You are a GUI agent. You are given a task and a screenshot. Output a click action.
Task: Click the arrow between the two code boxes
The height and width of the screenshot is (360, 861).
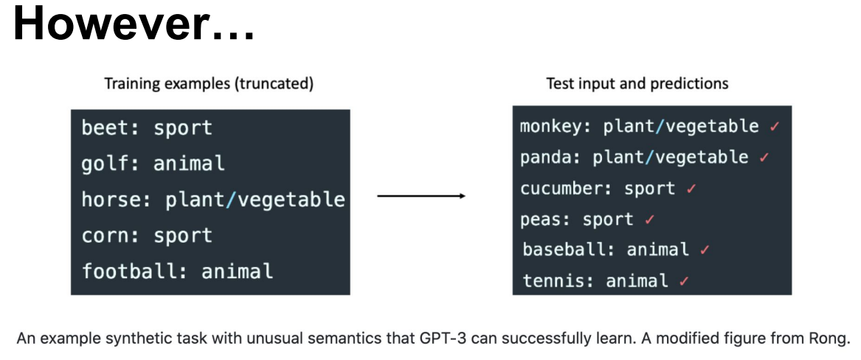421,196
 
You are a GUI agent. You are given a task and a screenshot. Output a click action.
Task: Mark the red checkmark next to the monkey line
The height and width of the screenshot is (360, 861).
775,127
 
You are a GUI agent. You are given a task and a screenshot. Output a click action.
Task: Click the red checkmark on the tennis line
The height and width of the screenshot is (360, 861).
684,282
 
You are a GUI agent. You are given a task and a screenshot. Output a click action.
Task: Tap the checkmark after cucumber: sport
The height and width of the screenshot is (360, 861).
691,189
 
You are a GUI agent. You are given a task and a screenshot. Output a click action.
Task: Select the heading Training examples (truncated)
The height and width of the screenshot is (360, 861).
210,84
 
